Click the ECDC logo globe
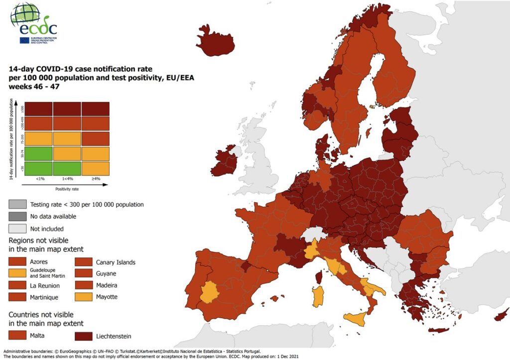tap(25, 13)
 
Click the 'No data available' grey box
tap(18, 217)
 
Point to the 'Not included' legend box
tap(18, 229)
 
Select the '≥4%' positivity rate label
tap(96, 178)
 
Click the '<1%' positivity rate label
tap(38, 178)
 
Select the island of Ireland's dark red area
tap(225, 164)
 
